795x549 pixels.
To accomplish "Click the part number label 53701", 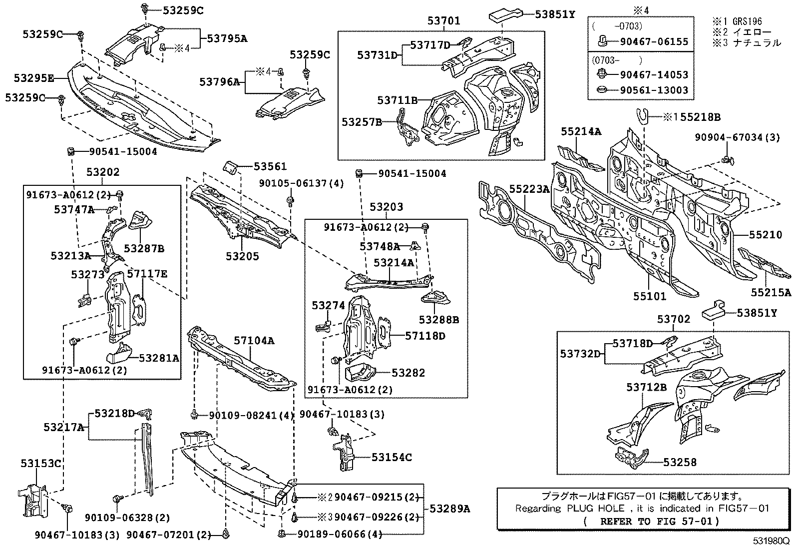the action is [443, 21].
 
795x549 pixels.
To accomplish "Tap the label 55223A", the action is [529, 189].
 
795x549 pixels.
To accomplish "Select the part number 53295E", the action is [34, 78].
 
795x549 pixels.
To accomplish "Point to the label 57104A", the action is [254, 341].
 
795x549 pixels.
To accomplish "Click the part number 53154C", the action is [392, 457].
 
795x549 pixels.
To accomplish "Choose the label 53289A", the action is [450, 509].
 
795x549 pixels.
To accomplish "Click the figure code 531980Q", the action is [772, 542].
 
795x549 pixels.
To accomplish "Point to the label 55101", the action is [650, 297].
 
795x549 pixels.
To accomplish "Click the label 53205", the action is [242, 256].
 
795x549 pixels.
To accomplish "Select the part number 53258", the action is [680, 463].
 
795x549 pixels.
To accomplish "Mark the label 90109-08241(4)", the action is [251, 415].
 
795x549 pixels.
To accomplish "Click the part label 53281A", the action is [159, 358].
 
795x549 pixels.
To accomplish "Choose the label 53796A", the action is [220, 81].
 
